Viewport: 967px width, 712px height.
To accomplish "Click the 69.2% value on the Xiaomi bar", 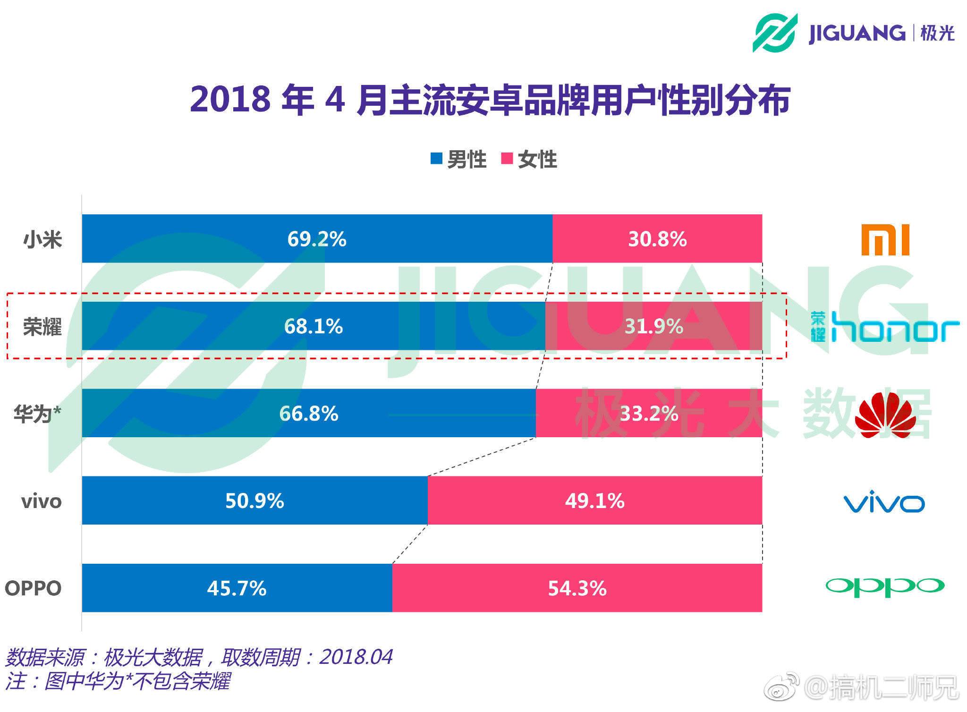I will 317,239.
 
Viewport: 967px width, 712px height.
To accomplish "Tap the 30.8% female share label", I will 657,239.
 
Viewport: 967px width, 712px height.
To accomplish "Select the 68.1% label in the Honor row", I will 313,327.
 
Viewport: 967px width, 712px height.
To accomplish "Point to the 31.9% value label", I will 653,327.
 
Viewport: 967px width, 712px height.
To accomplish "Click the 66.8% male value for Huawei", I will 309,414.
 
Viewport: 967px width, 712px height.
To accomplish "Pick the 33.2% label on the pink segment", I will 649,414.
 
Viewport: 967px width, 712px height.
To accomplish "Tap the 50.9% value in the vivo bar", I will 254,501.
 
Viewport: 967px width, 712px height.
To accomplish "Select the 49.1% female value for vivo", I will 594,501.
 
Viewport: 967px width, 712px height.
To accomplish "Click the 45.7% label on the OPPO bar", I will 237,588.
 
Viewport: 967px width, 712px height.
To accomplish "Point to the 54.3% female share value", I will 577,588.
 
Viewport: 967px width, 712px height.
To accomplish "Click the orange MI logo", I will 885,240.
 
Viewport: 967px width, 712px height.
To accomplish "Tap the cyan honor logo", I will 885,327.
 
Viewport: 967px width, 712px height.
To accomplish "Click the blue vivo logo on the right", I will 884,503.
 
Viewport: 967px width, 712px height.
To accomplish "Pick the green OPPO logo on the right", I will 885,586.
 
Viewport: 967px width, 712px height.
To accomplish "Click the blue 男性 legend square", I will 436,158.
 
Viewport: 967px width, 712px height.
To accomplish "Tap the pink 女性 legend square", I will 507,158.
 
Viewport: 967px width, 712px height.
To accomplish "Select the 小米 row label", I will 42,239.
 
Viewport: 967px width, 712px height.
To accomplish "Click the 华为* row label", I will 37,414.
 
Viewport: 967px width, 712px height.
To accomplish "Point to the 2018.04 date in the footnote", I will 356,657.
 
